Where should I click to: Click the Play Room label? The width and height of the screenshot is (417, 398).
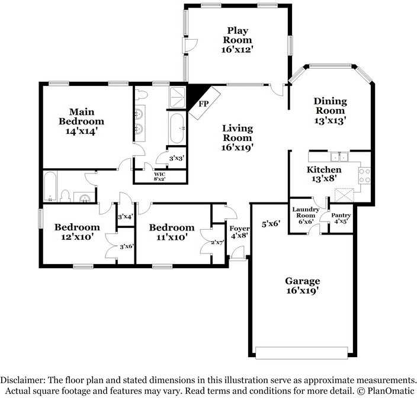[x=238, y=35]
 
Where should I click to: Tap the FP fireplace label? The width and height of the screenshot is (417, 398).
[x=203, y=104]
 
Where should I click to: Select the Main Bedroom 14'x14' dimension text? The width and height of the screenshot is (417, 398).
[x=82, y=131]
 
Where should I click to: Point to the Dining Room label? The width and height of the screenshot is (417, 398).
[x=330, y=106]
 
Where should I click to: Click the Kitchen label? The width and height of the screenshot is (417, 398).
[x=323, y=170]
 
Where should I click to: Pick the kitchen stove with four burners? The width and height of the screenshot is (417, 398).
[x=364, y=175]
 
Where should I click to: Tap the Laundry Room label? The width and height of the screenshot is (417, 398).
[x=306, y=213]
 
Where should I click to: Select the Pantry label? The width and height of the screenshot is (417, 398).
[x=341, y=215]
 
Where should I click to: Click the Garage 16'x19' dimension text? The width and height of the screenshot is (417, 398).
[x=303, y=291]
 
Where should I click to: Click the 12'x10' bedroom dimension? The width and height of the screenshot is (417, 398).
[x=77, y=237]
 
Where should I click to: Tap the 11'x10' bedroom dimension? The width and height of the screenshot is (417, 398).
[x=171, y=237]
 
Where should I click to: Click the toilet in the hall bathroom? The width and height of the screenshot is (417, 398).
[x=66, y=195]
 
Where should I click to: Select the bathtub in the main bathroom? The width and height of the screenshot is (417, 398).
[x=177, y=128]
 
